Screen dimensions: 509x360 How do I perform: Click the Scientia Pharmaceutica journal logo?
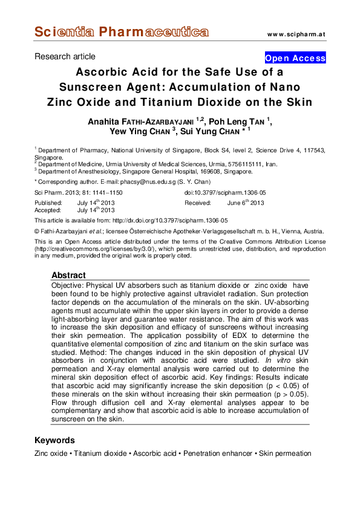(121, 31)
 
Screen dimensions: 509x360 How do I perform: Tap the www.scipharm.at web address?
(296, 33)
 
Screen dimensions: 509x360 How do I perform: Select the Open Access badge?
(295, 59)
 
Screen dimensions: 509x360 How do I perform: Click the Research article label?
(65, 57)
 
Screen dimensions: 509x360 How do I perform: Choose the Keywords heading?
(54, 440)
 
